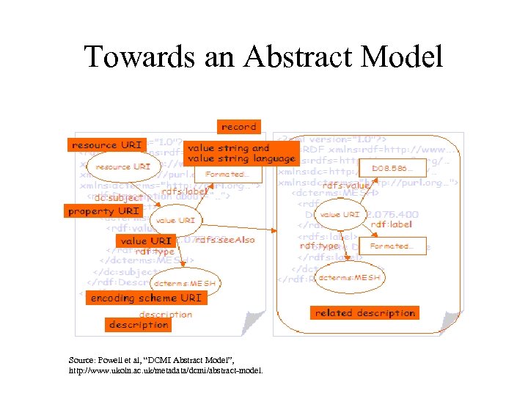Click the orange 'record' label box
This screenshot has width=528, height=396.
click(238, 126)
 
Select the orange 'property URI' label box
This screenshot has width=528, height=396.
click(103, 211)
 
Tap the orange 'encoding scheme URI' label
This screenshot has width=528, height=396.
click(144, 298)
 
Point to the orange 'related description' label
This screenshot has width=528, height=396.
click(364, 312)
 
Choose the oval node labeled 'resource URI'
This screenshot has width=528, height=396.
click(122, 167)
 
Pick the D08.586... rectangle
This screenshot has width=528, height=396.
click(391, 169)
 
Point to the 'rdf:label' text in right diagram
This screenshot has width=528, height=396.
click(392, 224)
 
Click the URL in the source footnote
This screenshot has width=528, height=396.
click(164, 370)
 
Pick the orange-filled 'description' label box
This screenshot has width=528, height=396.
click(139, 324)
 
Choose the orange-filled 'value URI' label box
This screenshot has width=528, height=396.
click(146, 241)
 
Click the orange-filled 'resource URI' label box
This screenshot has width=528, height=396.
click(105, 145)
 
